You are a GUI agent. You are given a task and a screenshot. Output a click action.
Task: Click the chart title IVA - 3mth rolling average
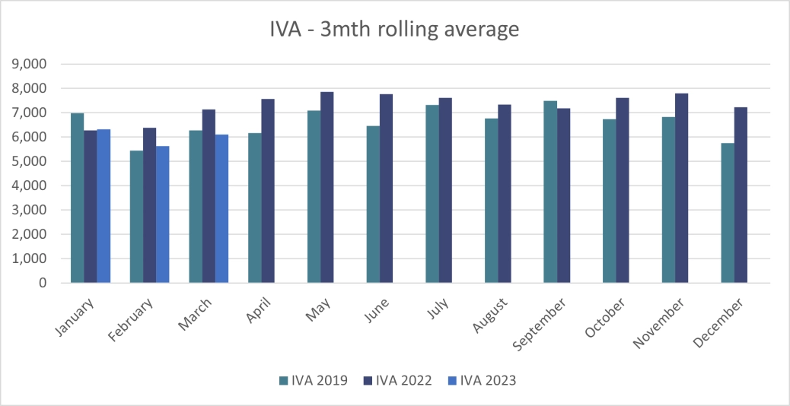pos(394,30)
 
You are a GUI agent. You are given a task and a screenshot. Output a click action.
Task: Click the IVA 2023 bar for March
pos(221,208)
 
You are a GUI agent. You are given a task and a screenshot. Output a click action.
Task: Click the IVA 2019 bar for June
pos(373,205)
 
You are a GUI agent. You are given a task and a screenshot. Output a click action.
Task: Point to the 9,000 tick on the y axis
pos(30,64)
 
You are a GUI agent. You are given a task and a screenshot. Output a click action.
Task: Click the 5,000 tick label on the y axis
pos(30,161)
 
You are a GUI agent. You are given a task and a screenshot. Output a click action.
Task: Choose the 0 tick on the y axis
pos(42,283)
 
